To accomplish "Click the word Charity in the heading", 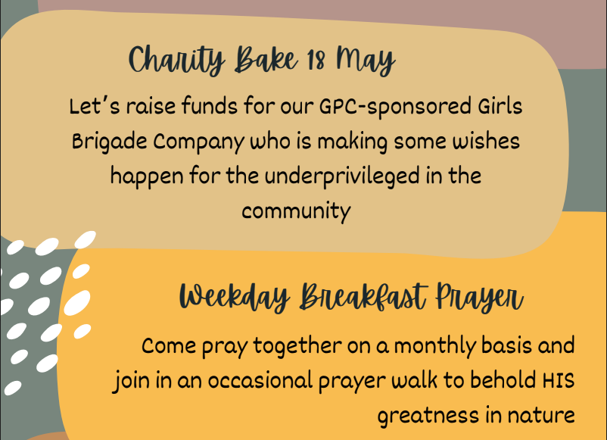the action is pyautogui.click(x=176, y=60).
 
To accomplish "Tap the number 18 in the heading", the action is pyautogui.click(x=316, y=61).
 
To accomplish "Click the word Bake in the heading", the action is pyautogui.click(x=266, y=59).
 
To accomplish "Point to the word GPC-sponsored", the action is pyautogui.click(x=395, y=107).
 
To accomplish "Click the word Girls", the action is pyautogui.click(x=500, y=106).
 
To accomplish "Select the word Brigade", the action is pyautogui.click(x=110, y=142).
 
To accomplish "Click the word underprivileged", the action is pyautogui.click(x=342, y=176).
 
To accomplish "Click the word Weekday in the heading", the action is pyautogui.click(x=235, y=298).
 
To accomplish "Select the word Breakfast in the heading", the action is pyautogui.click(x=363, y=297).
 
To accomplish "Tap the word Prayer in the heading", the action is pyautogui.click(x=479, y=298).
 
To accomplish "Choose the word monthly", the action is pyautogui.click(x=434, y=346).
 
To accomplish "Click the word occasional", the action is pyautogui.click(x=260, y=380).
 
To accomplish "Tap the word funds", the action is pyautogui.click(x=210, y=106).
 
